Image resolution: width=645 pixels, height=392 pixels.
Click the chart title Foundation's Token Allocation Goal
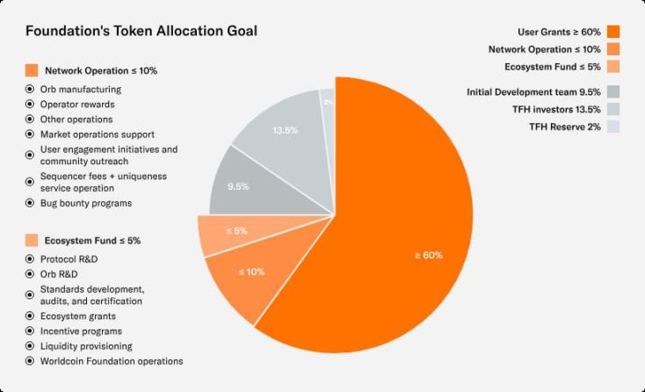tap(141, 31)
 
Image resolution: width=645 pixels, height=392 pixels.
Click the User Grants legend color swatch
tap(612, 32)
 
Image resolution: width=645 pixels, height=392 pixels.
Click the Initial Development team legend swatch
tap(612, 91)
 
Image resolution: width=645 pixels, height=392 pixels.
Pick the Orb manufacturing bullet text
tap(81, 89)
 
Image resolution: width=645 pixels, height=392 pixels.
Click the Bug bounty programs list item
tap(86, 203)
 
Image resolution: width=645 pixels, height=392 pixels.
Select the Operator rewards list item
tap(77, 104)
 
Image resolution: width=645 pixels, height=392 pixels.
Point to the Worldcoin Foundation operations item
tap(112, 360)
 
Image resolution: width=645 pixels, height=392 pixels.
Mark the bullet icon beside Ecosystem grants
tap(31, 316)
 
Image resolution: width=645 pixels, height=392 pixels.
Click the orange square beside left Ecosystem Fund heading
tap(32, 240)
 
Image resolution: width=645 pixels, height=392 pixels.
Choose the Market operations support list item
tap(97, 134)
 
